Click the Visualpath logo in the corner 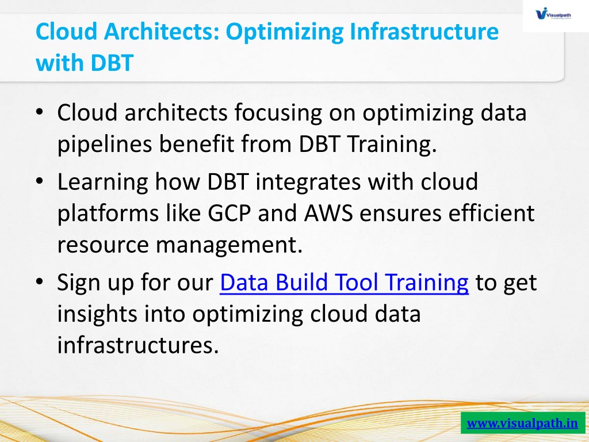(x=553, y=14)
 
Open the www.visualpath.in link (x=522, y=423)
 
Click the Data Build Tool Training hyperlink (x=344, y=283)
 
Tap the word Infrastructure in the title (x=424, y=31)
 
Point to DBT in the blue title (x=112, y=63)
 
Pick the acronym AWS (x=328, y=213)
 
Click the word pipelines (x=105, y=144)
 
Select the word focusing (x=278, y=113)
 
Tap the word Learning (x=102, y=182)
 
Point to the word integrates (x=308, y=182)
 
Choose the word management (x=229, y=245)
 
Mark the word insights (x=97, y=314)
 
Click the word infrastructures (x=138, y=345)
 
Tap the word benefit (x=197, y=144)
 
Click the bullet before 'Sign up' (x=40, y=282)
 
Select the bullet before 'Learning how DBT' (x=40, y=181)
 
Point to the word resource (x=103, y=246)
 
